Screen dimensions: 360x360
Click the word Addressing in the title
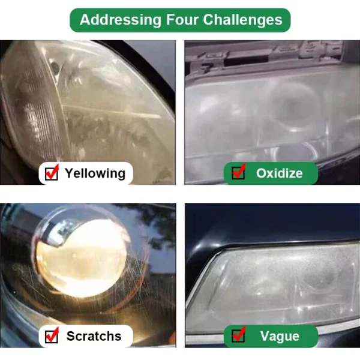(121, 20)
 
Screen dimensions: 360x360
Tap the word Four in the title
(182, 20)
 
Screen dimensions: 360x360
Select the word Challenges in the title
(242, 20)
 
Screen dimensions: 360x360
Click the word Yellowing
(95, 173)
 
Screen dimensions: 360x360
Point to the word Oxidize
(280, 173)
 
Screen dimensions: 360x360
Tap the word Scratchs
(94, 336)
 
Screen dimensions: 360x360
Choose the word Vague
(280, 337)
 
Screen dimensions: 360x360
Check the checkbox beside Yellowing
(52, 173)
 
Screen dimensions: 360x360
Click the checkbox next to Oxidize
(238, 173)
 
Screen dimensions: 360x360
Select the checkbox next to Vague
(238, 336)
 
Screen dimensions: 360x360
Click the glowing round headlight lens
(82, 257)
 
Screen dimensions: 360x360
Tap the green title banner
(180, 20)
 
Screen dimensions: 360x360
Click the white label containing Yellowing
(86, 173)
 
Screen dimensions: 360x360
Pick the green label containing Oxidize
(271, 173)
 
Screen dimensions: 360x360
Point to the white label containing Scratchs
(86, 337)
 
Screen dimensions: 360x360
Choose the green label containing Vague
(271, 337)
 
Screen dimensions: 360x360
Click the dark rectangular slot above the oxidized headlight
(245, 61)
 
